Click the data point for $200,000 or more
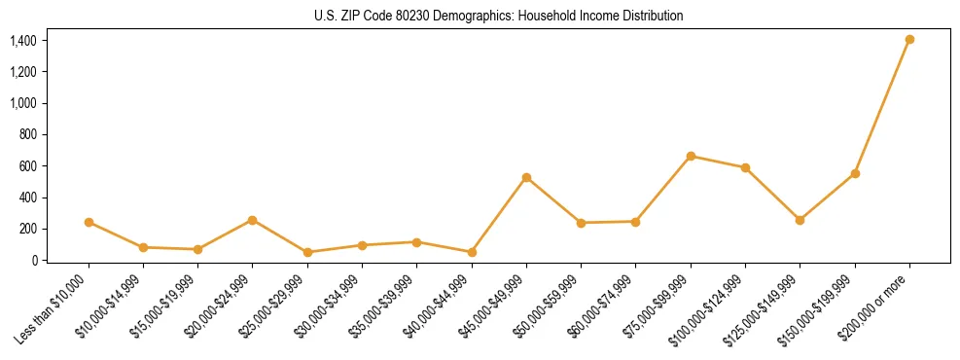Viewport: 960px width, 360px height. pos(909,40)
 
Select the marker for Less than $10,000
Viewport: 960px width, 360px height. pos(89,222)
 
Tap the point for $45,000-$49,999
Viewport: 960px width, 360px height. pos(526,177)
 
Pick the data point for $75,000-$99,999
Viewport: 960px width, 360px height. pos(691,156)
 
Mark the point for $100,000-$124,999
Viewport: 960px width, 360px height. pos(745,167)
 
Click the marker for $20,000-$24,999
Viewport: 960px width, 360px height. pos(253,220)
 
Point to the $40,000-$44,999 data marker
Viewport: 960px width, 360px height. pos(472,252)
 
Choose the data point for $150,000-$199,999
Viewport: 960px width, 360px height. pos(855,173)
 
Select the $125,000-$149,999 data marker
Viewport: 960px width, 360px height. pos(800,220)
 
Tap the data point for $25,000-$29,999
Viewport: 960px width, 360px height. pos(307,252)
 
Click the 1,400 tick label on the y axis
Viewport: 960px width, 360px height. pos(23,41)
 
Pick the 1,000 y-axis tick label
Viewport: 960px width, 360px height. pos(23,103)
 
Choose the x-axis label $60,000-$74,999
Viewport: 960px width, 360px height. pos(603,306)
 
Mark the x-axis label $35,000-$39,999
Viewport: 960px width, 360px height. pos(384,306)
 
